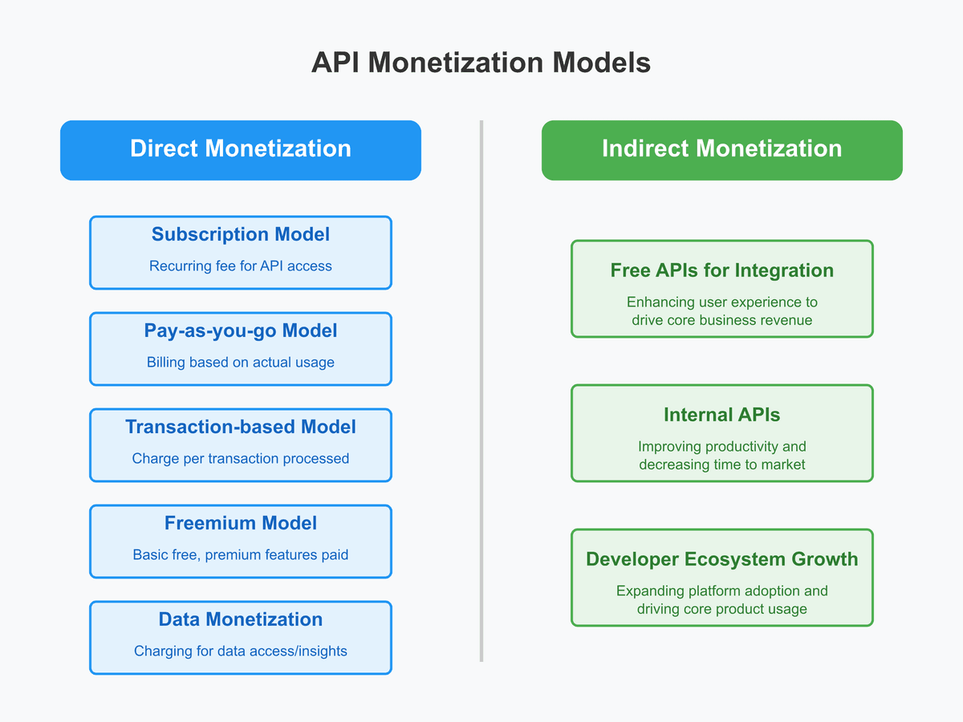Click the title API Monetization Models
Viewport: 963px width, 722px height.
(481, 63)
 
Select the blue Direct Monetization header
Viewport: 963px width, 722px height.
(240, 149)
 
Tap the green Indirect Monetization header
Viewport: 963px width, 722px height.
(721, 149)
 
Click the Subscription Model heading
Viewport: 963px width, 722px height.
(240, 234)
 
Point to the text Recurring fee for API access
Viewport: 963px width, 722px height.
(240, 266)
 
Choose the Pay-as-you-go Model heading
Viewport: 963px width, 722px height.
(240, 331)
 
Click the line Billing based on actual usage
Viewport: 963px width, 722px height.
(240, 362)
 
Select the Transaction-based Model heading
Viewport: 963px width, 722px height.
(240, 427)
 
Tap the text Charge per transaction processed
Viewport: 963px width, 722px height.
(240, 458)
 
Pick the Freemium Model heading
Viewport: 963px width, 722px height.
(240, 523)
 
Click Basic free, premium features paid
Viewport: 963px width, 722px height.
(240, 554)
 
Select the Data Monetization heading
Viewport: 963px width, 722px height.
(240, 619)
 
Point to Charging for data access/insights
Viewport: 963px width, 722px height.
(240, 651)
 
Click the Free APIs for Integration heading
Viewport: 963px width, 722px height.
(721, 270)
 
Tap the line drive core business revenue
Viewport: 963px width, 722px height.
(721, 320)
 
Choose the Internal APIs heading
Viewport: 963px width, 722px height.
(721, 415)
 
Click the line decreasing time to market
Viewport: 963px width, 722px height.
(721, 464)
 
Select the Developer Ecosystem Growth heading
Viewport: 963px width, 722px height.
(721, 559)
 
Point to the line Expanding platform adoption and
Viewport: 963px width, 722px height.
(721, 590)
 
